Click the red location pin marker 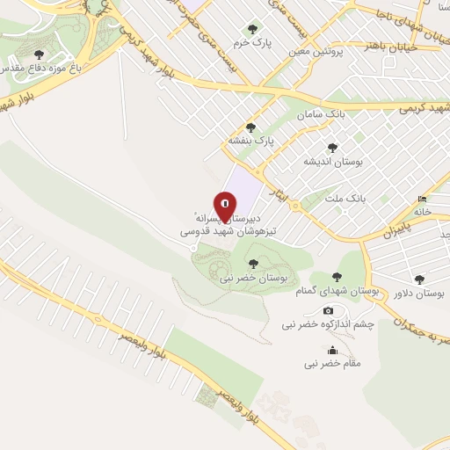pos(225,207)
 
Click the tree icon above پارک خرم pos(255,30)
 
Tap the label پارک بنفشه pos(252,140)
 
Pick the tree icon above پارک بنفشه pos(251,127)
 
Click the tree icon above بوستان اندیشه pos(331,149)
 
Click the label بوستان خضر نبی pos(254,277)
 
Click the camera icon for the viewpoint pos(329,310)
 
